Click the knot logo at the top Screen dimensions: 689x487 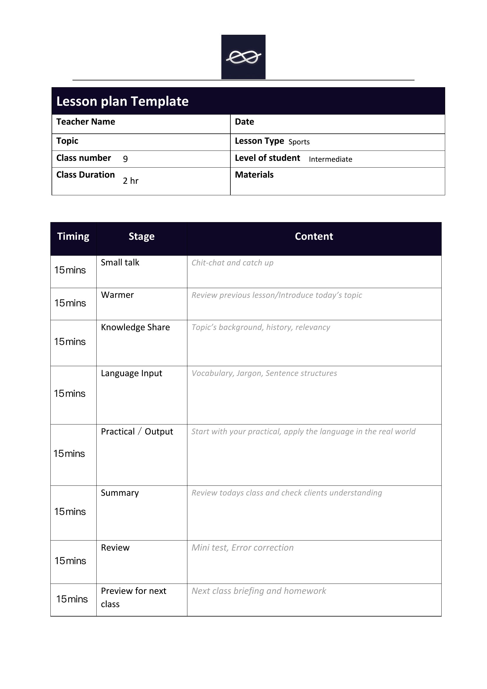click(243, 57)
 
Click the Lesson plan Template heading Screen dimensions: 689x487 click(123, 101)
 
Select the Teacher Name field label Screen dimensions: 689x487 click(85, 122)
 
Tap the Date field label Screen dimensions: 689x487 click(244, 122)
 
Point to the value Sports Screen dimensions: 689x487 click(299, 142)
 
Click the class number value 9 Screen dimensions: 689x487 click(126, 159)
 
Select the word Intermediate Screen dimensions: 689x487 click(330, 159)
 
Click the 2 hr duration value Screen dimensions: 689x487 click(131, 181)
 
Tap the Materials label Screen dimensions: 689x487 click(254, 175)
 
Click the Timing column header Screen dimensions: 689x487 click(73, 237)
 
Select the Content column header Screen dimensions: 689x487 click(314, 237)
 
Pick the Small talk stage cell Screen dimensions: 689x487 click(120, 262)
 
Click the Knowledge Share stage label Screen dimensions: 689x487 click(135, 327)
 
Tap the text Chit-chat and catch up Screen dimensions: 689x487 click(232, 263)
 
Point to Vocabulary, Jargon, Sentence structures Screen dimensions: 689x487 click(264, 373)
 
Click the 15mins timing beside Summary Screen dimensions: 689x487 click(70, 512)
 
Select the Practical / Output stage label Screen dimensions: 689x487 click(137, 432)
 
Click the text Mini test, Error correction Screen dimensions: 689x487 click(242, 548)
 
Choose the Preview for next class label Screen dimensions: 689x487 click(133, 597)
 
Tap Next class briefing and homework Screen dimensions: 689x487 click(259, 591)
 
